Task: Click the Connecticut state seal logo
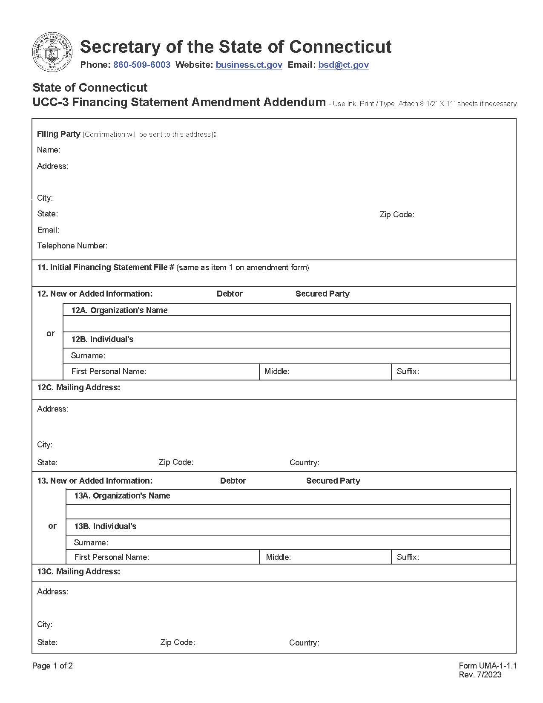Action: tap(52, 52)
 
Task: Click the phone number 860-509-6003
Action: tap(141, 65)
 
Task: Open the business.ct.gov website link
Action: tap(249, 65)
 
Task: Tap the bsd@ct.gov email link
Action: tap(343, 65)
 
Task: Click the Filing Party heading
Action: tap(58, 134)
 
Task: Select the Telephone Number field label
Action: tap(72, 246)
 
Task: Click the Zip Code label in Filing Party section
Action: tap(396, 215)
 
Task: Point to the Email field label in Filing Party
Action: tap(48, 230)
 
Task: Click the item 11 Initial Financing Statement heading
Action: tap(106, 268)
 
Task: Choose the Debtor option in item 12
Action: tap(229, 294)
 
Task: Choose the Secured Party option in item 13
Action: tap(333, 481)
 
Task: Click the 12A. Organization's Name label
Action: tap(119, 311)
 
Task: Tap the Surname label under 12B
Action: tap(88, 356)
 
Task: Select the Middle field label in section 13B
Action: tap(278, 557)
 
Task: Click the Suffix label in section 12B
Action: tap(408, 372)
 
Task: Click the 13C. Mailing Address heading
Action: tap(78, 572)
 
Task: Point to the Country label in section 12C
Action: tap(304, 463)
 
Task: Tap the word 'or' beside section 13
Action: tap(52, 526)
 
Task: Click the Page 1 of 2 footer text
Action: tap(52, 666)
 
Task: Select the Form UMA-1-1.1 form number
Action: tap(487, 666)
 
